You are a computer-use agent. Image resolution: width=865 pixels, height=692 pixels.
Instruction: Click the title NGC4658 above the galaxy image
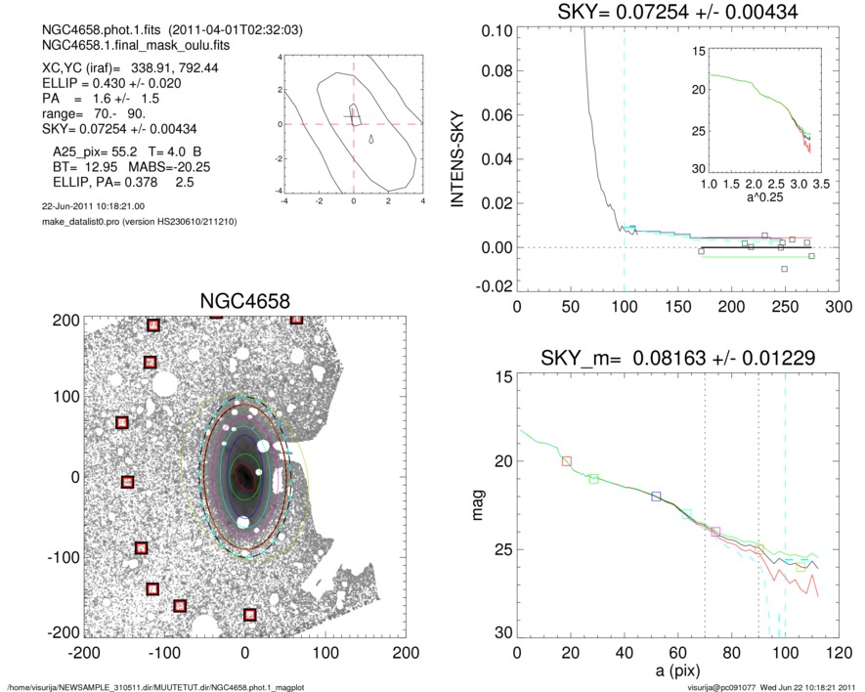(244, 301)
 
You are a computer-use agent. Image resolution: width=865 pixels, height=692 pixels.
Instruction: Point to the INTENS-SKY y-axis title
(456, 158)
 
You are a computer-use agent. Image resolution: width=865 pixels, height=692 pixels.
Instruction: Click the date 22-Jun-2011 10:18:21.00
(93, 206)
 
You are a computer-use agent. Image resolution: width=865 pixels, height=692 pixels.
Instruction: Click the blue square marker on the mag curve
(656, 497)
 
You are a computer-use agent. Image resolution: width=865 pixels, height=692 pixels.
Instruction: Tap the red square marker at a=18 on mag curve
(567, 460)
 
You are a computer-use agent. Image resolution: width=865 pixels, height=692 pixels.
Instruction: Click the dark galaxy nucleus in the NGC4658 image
(243, 477)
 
